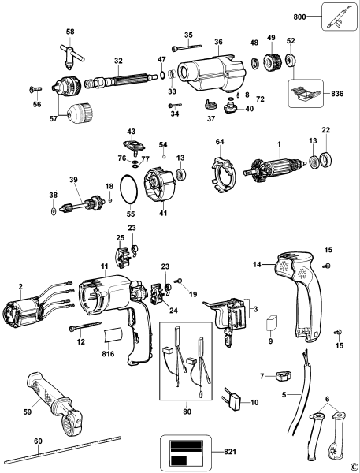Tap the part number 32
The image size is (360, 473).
coord(118,60)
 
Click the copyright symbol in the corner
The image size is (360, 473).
coord(354,466)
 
